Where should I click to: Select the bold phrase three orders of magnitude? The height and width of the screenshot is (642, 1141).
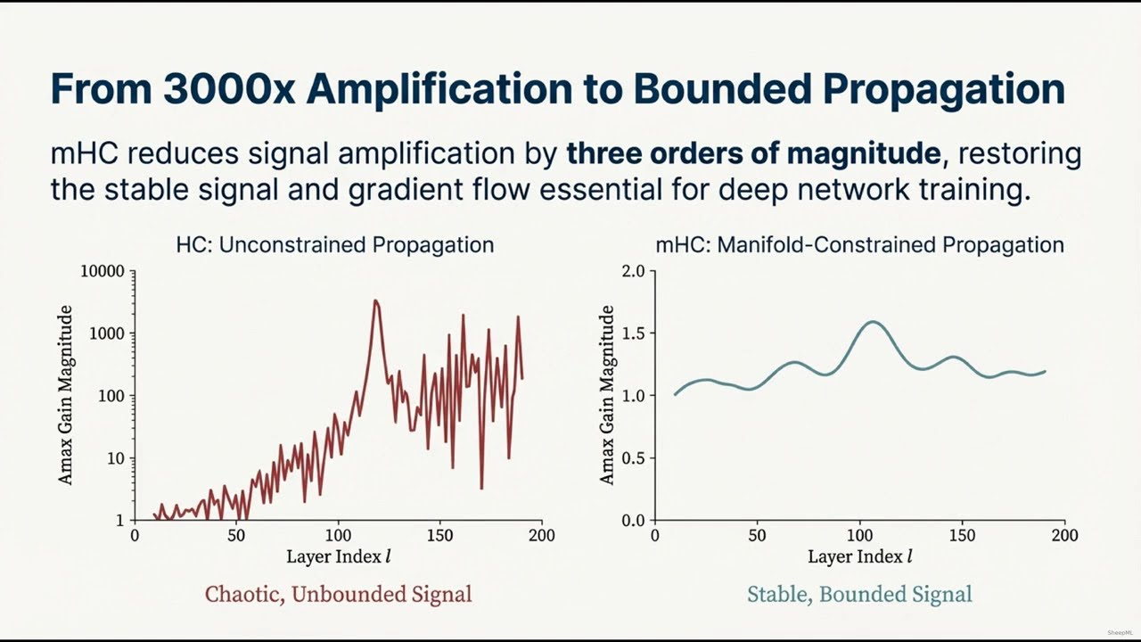(x=753, y=153)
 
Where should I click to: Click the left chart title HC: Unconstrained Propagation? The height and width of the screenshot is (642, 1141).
(x=334, y=244)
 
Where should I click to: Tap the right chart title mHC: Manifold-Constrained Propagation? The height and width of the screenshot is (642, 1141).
(x=859, y=244)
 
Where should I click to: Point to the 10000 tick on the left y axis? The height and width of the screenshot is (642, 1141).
(x=102, y=271)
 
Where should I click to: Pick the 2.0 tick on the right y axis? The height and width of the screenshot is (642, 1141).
(x=633, y=271)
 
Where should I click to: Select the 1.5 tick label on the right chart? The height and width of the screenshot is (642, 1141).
(x=633, y=333)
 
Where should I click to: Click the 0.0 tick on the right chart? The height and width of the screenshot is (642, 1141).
(x=633, y=521)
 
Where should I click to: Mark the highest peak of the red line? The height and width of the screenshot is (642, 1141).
(x=375, y=301)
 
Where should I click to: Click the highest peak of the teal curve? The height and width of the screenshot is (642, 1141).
(x=872, y=322)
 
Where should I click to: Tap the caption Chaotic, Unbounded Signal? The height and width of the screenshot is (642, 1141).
(x=338, y=594)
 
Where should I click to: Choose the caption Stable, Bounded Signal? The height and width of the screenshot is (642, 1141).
(x=859, y=594)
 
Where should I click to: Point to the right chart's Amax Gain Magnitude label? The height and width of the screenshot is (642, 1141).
(x=607, y=395)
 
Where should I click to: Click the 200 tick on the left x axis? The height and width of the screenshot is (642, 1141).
(x=541, y=536)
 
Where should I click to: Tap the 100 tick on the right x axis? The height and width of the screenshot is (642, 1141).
(x=859, y=536)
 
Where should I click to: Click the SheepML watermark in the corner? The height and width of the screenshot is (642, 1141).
(x=1120, y=632)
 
